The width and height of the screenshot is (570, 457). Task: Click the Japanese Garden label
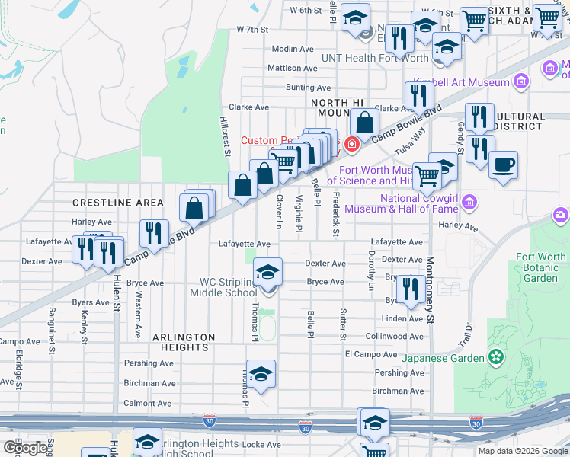[443, 358]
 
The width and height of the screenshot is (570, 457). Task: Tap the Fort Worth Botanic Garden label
[540, 267]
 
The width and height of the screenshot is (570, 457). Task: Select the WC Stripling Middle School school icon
[267, 272]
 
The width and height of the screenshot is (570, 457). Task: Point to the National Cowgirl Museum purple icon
[469, 203]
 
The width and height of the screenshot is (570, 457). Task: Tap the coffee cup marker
[502, 165]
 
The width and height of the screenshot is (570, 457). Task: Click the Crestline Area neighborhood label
[118, 202]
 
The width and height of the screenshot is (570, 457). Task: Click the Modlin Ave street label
[293, 48]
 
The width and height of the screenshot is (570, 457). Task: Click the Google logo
[25, 448]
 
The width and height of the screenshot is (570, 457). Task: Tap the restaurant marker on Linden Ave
[411, 289]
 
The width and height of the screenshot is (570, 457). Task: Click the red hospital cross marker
[351, 143]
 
